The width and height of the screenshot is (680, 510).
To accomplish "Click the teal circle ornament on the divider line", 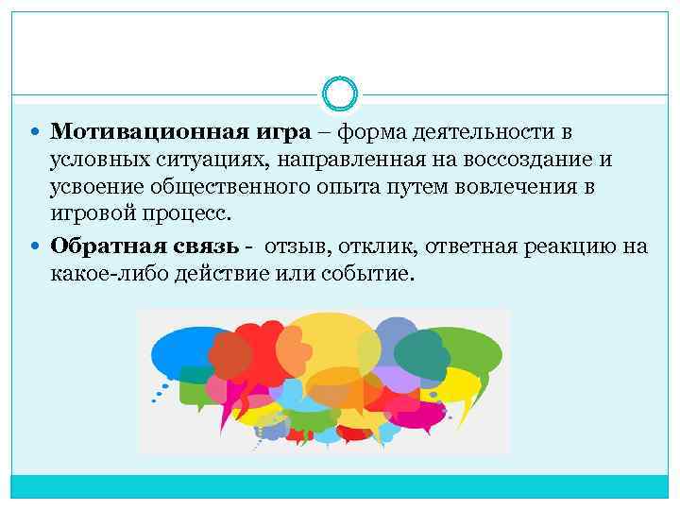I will [x=340, y=95].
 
